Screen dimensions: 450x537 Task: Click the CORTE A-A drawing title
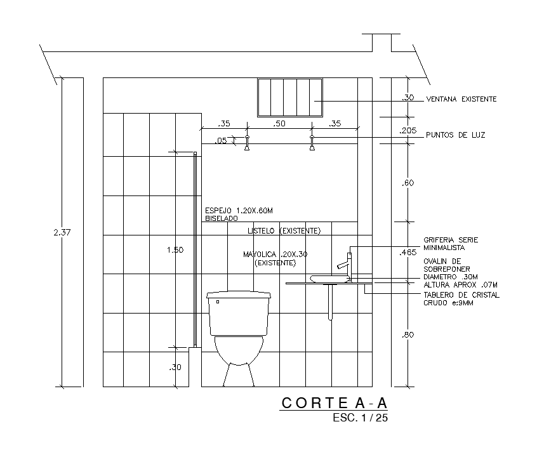333,403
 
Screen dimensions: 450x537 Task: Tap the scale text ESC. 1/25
359,418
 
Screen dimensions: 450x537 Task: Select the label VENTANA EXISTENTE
461,99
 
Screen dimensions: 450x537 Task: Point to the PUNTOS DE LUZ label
455,135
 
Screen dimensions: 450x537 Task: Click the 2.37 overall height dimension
62,233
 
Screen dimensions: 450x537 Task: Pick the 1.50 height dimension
175,250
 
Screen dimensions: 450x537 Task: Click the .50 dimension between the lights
279,124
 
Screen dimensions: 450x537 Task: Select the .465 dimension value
408,253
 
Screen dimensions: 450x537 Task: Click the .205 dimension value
408,130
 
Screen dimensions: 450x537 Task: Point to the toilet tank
239,313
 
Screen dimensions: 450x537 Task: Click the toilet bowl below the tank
239,352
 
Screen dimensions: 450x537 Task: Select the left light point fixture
247,143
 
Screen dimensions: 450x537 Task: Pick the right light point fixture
312,143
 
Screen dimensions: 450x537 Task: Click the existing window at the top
290,97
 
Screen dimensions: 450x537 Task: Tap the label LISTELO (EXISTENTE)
284,230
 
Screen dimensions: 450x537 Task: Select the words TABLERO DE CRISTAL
461,295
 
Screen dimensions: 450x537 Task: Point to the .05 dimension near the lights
221,141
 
